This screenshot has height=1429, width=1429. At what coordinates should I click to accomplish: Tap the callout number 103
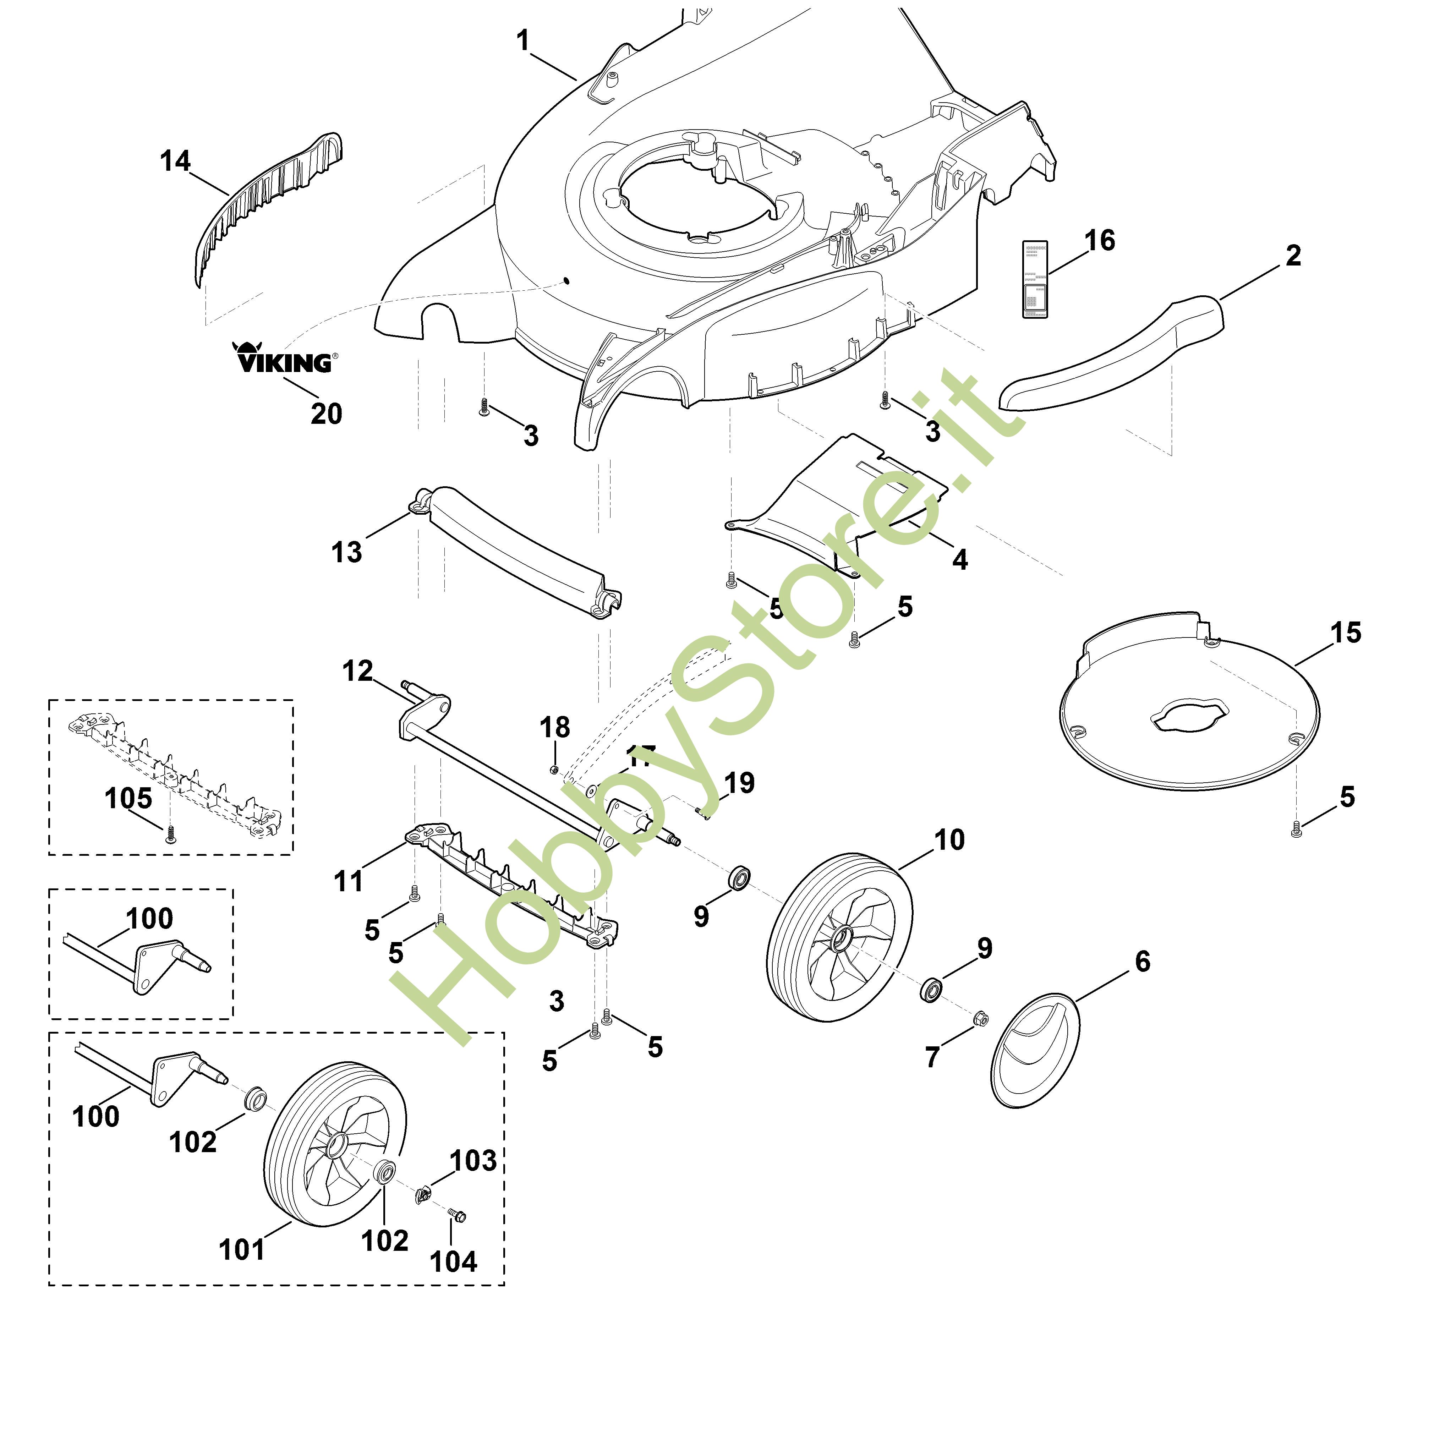click(473, 1161)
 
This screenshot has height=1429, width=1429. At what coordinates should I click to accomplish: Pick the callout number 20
click(326, 414)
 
